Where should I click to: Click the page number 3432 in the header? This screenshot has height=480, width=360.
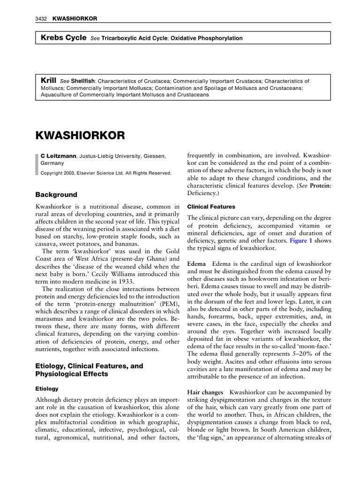42,18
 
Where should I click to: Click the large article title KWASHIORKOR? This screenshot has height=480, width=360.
81,135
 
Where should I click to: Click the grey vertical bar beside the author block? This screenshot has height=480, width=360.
37,164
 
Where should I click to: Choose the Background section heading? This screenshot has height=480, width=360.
56,195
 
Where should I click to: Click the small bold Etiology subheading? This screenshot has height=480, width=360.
47,389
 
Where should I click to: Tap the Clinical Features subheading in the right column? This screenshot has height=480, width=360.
211,206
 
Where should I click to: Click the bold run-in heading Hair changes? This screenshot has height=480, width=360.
205,392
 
